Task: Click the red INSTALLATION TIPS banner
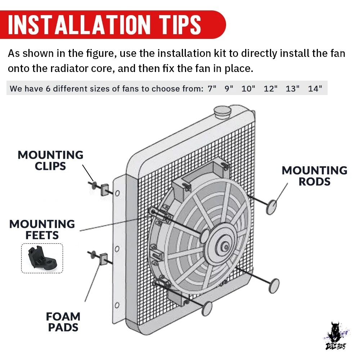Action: tap(112, 24)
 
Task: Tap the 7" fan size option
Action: tap(212, 89)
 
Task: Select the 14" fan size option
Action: tap(315, 89)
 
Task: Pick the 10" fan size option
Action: tap(248, 89)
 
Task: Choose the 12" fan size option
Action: tap(270, 89)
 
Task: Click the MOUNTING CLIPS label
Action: tap(50, 161)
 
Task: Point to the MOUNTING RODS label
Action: tap(314, 176)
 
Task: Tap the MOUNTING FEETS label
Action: tap(42, 230)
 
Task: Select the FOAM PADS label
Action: tap(63, 322)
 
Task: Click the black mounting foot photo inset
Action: tap(42, 258)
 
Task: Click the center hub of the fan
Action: tap(225, 247)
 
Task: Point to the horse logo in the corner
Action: tap(337, 336)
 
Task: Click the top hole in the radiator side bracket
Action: tap(117, 193)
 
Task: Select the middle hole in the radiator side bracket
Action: tap(117, 249)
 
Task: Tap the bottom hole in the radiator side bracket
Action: tap(117, 305)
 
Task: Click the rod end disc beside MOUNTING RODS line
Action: tap(271, 207)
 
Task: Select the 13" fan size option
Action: tap(292, 89)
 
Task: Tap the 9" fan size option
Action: tap(229, 89)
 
